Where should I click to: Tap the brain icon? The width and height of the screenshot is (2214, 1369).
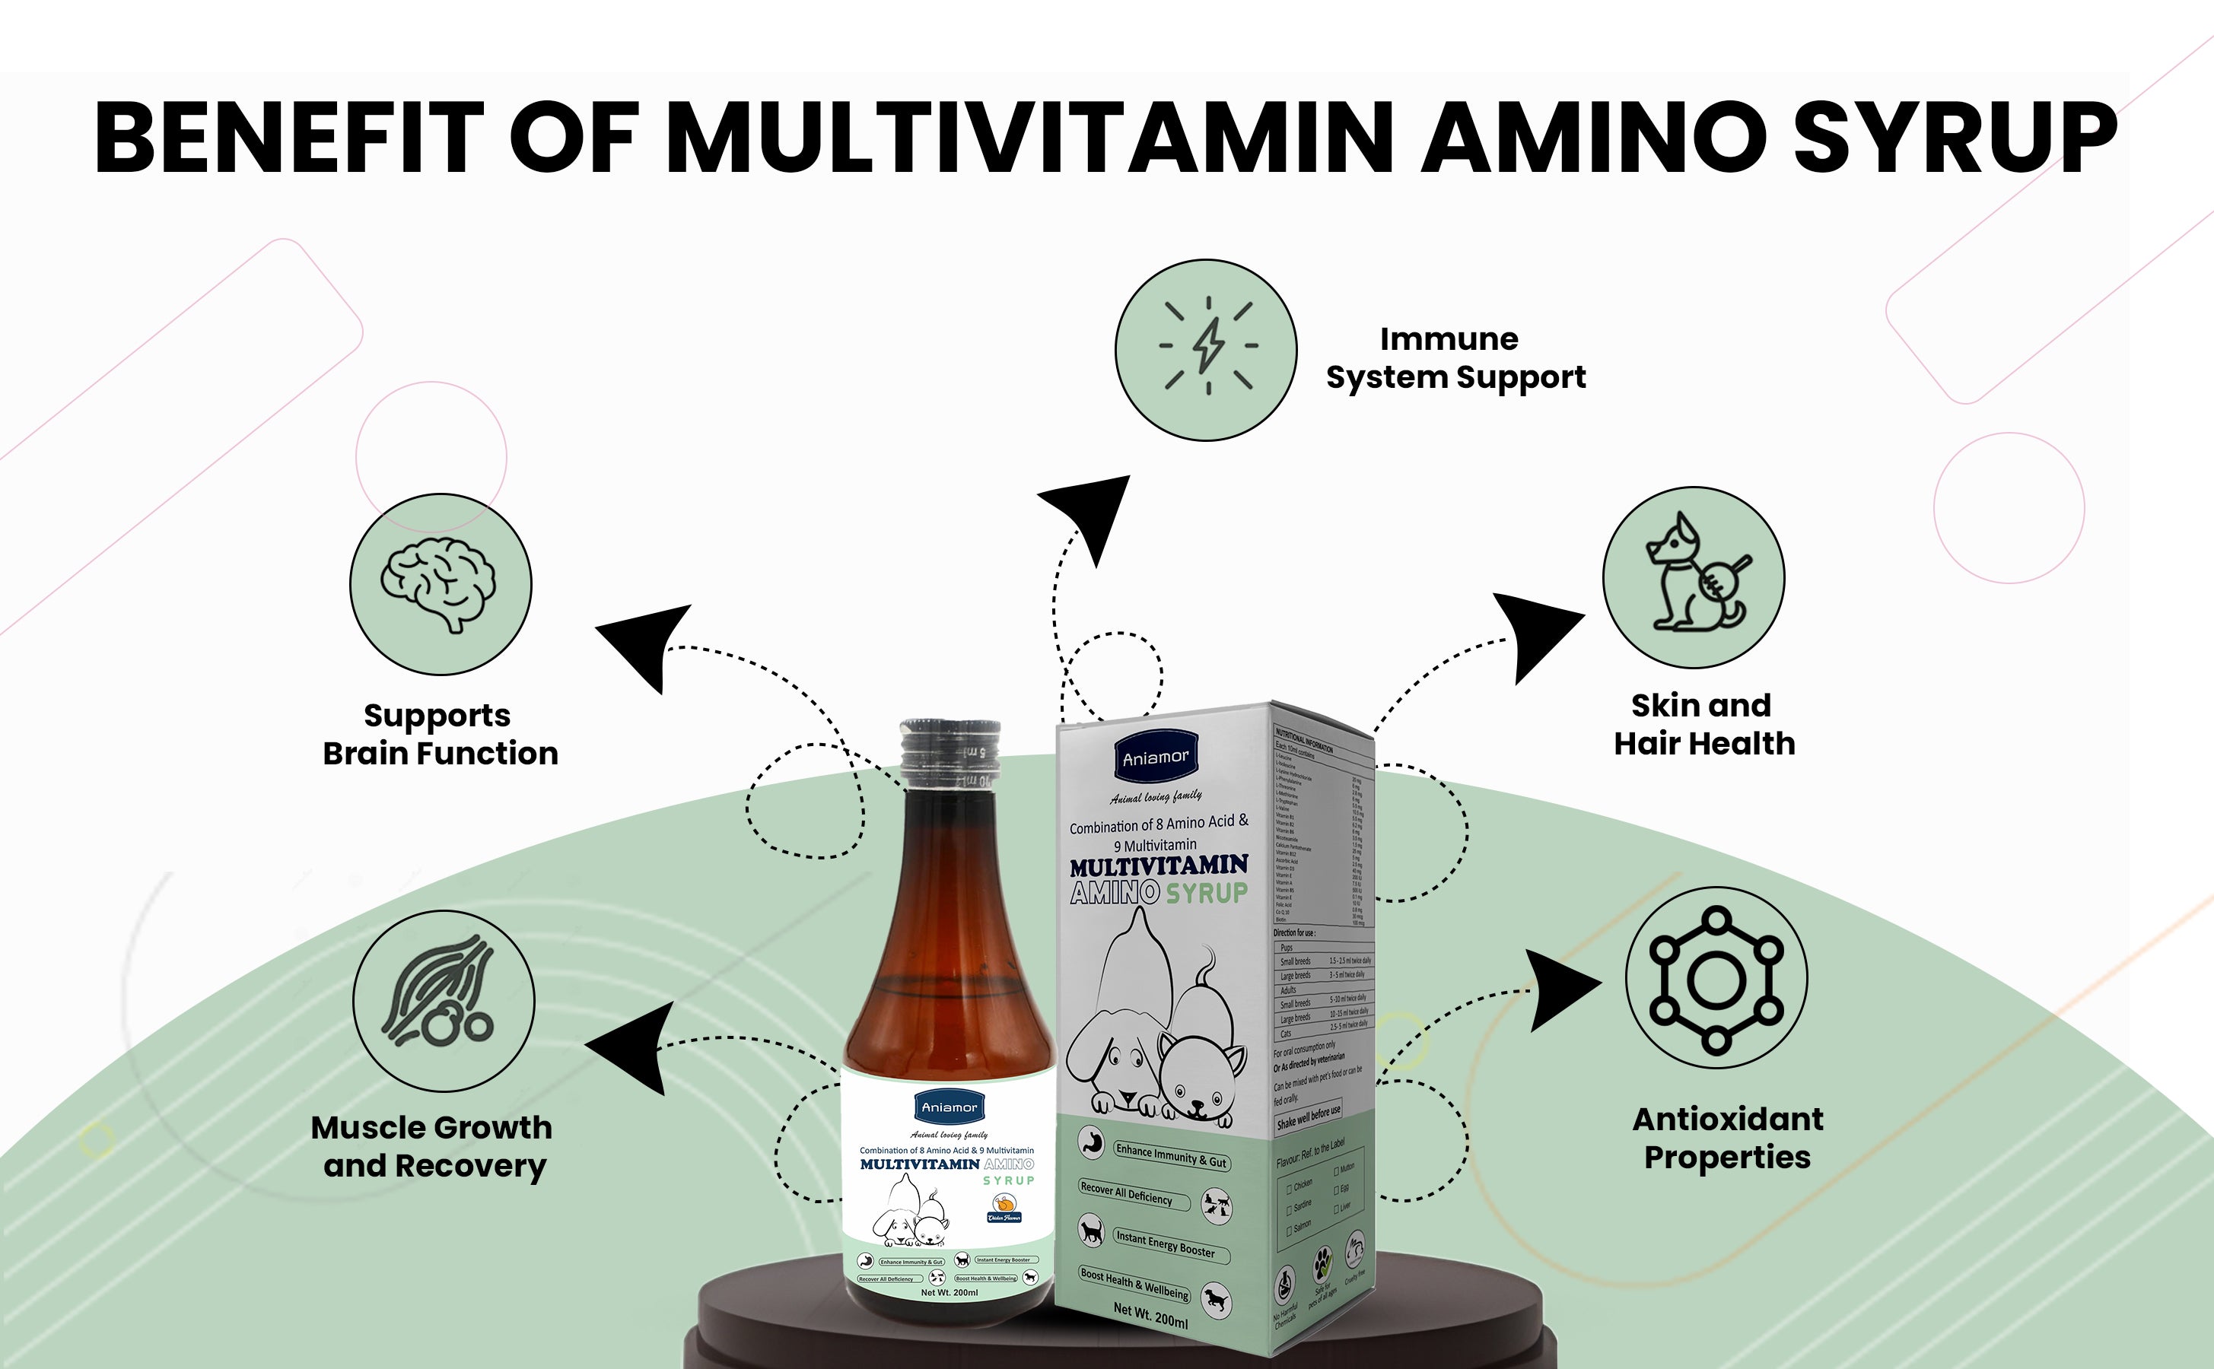pos(440,584)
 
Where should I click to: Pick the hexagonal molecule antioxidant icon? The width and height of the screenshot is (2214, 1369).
pos(1716,979)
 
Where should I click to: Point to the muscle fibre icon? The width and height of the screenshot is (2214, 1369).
pos(443,1000)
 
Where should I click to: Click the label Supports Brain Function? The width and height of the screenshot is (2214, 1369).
pos(440,734)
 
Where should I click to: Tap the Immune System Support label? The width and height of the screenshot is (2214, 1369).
pos(1455,357)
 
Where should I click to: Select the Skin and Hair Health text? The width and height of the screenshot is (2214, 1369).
pos(1703,724)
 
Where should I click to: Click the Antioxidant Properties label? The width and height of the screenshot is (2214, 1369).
pos(1728,1138)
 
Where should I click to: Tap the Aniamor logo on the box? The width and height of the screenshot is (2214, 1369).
pos(1156,757)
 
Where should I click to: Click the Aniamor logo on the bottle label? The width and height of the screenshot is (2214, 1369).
pos(949,1107)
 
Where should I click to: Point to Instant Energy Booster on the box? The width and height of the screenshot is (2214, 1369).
pos(1165,1244)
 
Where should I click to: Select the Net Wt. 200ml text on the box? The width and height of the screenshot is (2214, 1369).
pos(1150,1315)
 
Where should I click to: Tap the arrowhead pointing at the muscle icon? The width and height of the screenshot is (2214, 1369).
pos(634,1047)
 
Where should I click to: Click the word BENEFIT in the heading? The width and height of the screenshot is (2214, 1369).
pos(289,138)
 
